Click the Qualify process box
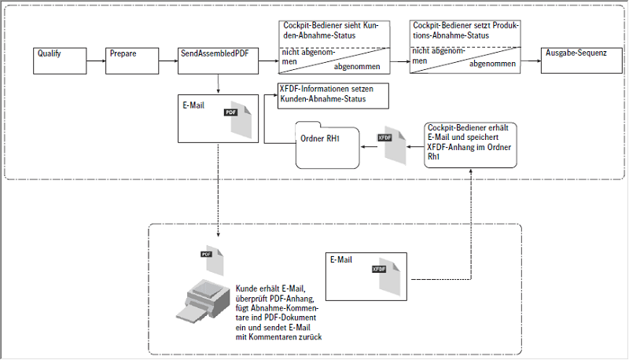61,61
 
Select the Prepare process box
131,61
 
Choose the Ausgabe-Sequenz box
573,61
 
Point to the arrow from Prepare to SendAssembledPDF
168,61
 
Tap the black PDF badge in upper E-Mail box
230,112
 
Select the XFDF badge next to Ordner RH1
385,138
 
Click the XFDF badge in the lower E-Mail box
378,269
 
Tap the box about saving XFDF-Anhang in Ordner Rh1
469,144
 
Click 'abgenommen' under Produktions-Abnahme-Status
492,64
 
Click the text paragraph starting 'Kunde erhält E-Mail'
279,312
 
